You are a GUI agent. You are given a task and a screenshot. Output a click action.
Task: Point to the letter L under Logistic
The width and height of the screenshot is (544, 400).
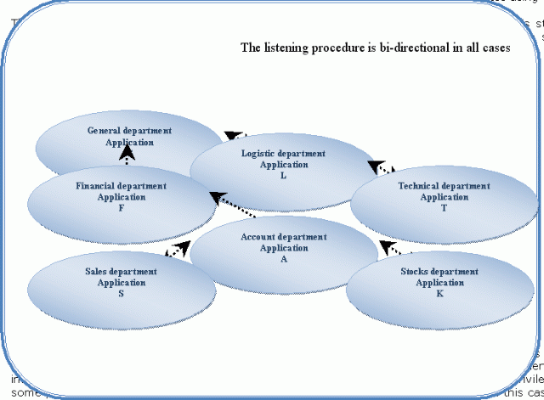tap(283, 176)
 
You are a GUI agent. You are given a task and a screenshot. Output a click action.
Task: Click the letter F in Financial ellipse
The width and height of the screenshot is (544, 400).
tap(122, 208)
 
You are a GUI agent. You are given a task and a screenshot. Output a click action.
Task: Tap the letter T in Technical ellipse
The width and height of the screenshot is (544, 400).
tap(445, 208)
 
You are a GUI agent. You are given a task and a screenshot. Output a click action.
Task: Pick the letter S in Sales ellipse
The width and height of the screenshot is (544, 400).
tap(122, 293)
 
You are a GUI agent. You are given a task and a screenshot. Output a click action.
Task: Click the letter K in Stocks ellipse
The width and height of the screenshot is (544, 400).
tap(439, 293)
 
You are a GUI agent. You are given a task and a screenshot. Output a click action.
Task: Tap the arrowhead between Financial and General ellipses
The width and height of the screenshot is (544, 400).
tap(127, 155)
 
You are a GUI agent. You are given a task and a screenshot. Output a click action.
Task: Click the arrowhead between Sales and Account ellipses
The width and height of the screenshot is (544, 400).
tap(181, 248)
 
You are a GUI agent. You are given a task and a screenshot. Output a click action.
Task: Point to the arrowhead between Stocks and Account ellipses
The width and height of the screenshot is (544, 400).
tap(387, 247)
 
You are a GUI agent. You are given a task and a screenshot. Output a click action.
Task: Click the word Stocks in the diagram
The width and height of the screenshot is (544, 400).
tap(416, 272)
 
